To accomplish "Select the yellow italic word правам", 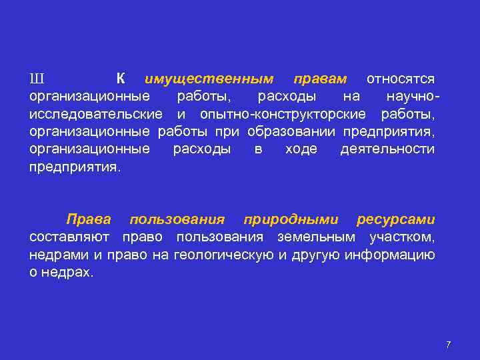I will point(320,79).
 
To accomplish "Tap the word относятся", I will point(401,79).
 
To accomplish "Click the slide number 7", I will point(448,344).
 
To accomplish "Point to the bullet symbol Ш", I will point(36,79).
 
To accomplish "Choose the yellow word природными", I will point(291,219).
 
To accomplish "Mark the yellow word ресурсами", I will point(396,219).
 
